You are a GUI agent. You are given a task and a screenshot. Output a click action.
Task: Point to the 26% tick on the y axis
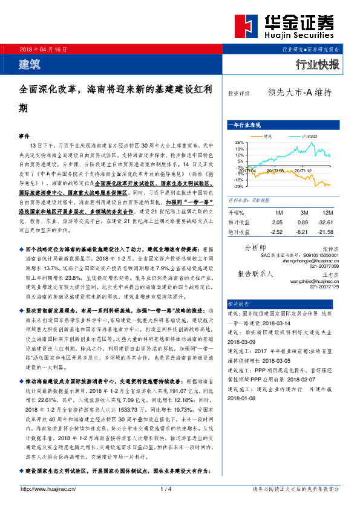tap(240, 142)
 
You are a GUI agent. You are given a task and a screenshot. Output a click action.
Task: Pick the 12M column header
tap(328, 213)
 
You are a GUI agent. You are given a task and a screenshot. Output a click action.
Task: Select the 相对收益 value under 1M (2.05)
tap(278, 222)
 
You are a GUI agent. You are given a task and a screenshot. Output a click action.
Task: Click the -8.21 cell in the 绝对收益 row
tap(303, 232)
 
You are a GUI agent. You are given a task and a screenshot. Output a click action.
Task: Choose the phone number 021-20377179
tap(326, 287)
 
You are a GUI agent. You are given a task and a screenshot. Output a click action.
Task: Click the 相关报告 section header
tap(237, 303)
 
